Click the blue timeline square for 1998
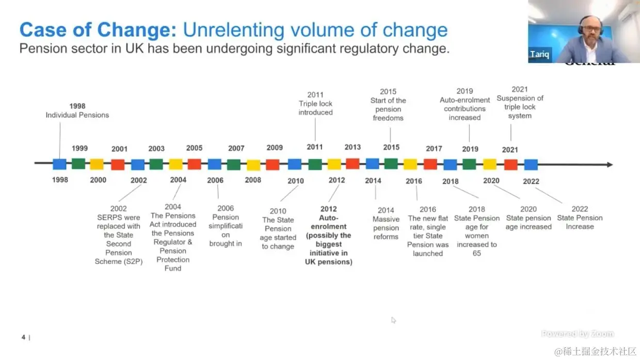59,165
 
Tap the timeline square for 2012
334,165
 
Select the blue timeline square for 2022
531,165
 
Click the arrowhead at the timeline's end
610,165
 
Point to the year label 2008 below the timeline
253,180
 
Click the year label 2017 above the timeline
434,149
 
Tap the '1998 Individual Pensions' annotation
77,111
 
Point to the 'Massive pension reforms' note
386,223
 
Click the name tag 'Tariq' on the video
539,55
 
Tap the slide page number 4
23,337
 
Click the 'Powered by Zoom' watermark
578,334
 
